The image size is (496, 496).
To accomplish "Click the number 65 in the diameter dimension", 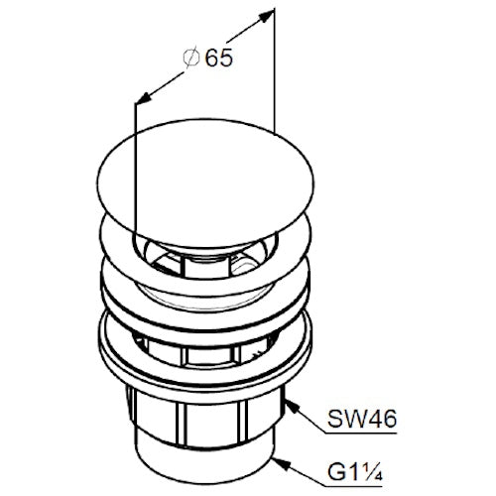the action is point(219,59).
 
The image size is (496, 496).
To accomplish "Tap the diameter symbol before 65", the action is point(191,59).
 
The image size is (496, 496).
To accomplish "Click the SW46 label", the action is point(362,420).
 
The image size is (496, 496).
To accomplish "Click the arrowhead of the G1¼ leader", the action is point(280,462).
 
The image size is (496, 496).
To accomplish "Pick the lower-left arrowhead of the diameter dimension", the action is point(143,98).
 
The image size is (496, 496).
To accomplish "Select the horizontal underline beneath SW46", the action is point(361,433).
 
